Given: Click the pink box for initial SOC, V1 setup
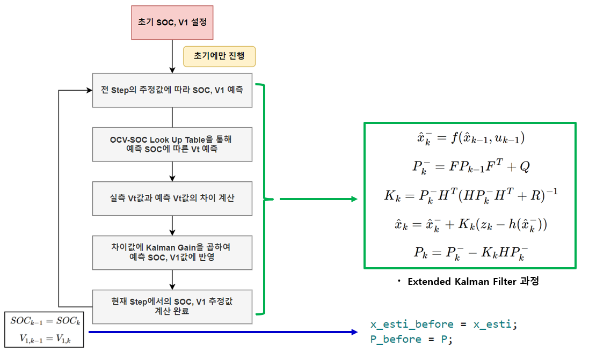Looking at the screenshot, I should click(x=172, y=23).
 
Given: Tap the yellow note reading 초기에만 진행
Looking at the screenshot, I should click(x=219, y=56).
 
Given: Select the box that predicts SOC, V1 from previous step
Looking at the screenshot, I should click(x=172, y=90).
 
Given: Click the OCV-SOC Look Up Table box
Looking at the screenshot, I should click(x=172, y=144).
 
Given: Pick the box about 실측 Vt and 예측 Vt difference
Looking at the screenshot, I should click(x=172, y=198).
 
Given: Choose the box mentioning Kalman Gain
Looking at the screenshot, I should click(x=172, y=252).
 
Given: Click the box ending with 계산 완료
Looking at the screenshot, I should click(x=172, y=306).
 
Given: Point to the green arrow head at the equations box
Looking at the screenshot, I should click(x=353, y=199).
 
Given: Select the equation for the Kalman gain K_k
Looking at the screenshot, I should click(x=470, y=195).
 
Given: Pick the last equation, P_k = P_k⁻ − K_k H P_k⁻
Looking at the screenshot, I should click(x=470, y=253).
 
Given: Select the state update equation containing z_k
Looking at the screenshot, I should click(x=470, y=224).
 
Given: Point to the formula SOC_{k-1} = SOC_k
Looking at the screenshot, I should click(x=44, y=321).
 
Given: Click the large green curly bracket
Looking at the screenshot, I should click(x=261, y=199).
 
